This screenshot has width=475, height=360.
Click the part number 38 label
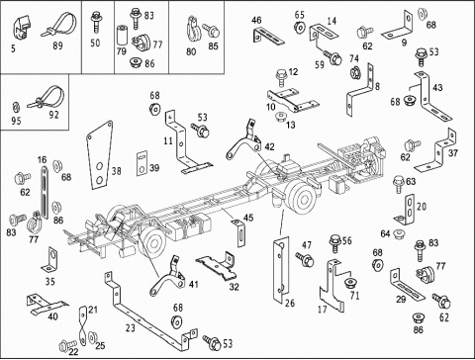coord(116,171)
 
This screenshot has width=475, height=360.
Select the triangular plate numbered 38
coord(99,155)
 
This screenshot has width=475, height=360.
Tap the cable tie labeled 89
coord(59,25)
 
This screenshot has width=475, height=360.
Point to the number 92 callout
coord(53,115)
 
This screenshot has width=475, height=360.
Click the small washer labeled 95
coord(15,107)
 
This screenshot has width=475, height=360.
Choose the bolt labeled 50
coord(96,22)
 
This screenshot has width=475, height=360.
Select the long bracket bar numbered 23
coord(149,310)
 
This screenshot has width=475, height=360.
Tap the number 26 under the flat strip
coord(290,303)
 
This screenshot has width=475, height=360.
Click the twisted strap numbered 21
coord(83,325)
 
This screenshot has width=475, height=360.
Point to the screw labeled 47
coord(305,259)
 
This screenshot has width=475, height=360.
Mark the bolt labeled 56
coord(334,243)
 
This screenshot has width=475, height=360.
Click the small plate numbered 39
coord(142,163)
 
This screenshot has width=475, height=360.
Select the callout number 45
coord(248,218)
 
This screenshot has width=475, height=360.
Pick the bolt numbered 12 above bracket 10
coord(281,78)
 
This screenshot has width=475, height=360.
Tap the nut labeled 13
coord(281,117)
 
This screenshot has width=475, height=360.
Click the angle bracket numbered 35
coord(50,260)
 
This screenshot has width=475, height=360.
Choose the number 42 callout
coord(269,146)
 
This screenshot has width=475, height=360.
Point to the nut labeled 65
coord(300,28)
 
